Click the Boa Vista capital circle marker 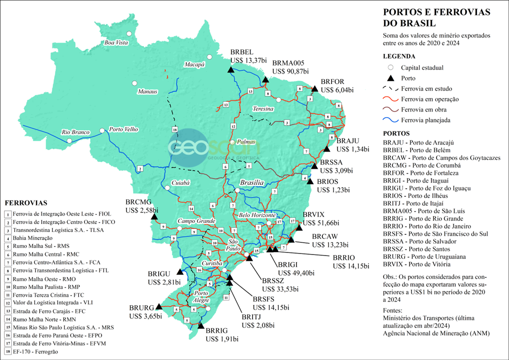pos(129,34)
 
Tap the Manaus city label pos(148,91)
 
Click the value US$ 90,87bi pos(290,71)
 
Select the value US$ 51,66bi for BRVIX pos(321,222)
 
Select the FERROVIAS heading pos(26,203)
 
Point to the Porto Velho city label pos(123,129)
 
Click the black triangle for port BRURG pos(159,306)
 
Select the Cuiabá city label pos(180,183)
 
